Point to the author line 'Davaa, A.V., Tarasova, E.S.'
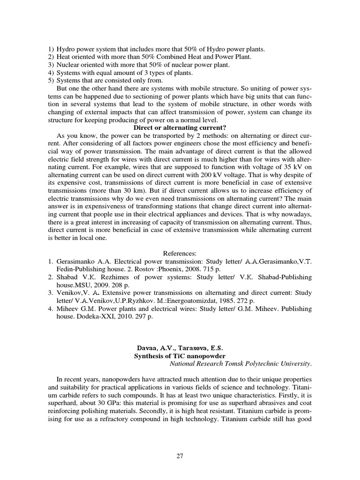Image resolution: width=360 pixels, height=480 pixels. [180, 348]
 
